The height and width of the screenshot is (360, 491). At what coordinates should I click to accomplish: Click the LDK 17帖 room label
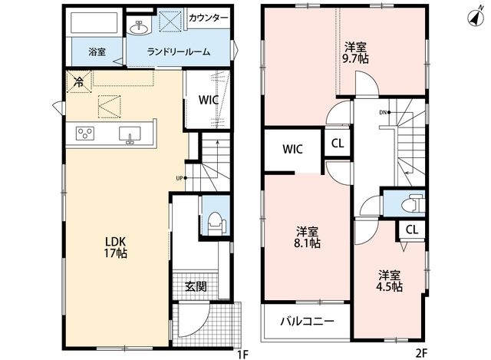tap(116, 247)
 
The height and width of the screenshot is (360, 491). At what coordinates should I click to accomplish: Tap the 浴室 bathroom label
tap(97, 51)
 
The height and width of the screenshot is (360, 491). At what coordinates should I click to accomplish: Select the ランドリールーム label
tap(179, 51)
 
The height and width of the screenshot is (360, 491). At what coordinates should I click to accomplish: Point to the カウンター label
tap(208, 18)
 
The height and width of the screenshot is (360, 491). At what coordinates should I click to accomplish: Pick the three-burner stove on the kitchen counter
tap(85, 134)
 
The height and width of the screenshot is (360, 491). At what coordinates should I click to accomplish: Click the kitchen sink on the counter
tap(130, 135)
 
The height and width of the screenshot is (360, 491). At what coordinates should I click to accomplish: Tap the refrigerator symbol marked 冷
tap(78, 82)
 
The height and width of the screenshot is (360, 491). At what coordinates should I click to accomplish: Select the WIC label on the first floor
tap(208, 100)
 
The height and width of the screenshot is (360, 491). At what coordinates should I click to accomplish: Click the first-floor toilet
tap(216, 223)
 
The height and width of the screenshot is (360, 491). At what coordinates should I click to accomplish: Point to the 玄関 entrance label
tap(196, 286)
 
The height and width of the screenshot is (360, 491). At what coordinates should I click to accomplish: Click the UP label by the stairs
tap(179, 178)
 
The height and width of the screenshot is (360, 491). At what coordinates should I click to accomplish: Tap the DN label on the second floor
tap(383, 113)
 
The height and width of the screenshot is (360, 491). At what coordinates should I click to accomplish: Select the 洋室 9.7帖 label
tap(355, 53)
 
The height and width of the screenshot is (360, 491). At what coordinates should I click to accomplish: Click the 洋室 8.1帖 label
tap(307, 237)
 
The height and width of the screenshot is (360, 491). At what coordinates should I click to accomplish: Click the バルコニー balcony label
tap(307, 321)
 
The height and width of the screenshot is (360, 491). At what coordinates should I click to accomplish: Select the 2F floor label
tap(421, 353)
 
